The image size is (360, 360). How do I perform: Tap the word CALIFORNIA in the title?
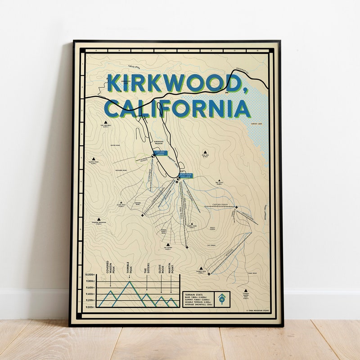[x=177, y=109]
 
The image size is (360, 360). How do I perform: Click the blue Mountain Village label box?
[x=185, y=175]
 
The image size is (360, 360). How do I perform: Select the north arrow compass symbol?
[x=222, y=299]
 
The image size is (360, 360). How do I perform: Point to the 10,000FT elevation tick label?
[x=90, y=274]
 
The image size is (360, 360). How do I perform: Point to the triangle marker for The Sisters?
[x=168, y=243]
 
